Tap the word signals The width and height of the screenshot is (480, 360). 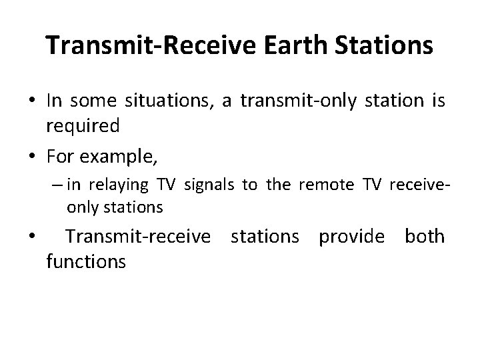(209, 185)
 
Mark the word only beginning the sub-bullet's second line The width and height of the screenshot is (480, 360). (81, 207)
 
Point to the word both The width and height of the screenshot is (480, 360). (425, 237)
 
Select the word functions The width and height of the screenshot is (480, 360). (85, 261)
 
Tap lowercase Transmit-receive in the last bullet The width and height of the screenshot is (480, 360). (141, 237)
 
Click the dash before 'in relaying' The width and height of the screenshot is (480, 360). (59, 185)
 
